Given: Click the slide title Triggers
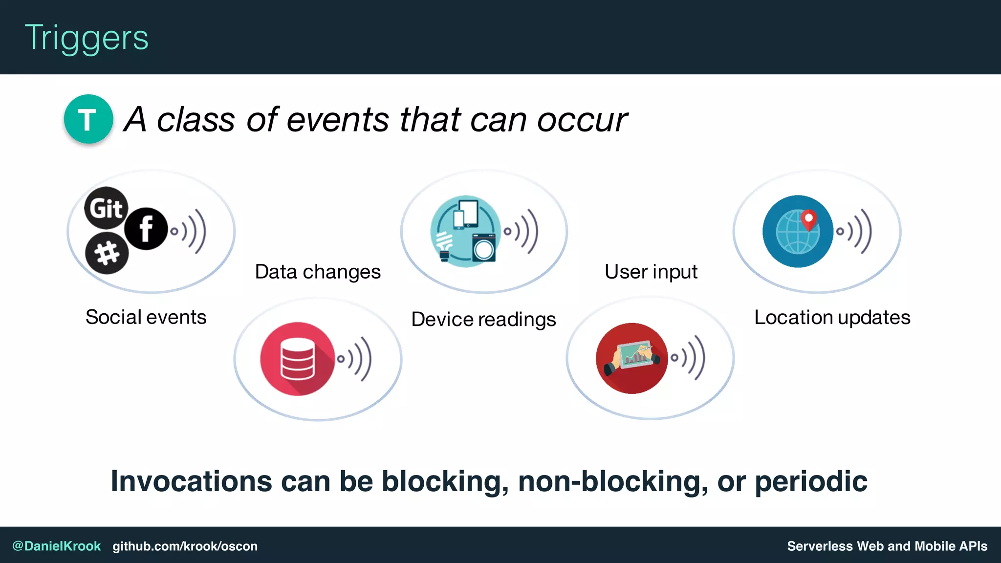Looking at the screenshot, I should [x=87, y=38].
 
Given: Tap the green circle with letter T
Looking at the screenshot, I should [x=88, y=119].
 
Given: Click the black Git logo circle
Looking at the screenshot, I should [x=106, y=208].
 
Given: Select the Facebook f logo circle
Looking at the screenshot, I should [x=146, y=229].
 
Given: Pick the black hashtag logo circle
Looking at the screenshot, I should [x=107, y=253].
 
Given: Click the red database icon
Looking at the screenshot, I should [x=297, y=358].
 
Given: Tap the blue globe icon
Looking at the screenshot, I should [x=798, y=231].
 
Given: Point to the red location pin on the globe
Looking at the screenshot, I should [x=809, y=218].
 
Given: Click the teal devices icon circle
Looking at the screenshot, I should [x=465, y=231].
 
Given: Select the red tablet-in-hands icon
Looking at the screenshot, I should [x=631, y=358].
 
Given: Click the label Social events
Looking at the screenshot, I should [x=146, y=317].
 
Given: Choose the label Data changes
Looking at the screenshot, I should [x=318, y=272].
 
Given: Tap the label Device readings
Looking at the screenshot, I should [x=483, y=319].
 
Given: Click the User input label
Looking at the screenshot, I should [x=651, y=272].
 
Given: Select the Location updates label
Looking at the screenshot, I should [x=832, y=317].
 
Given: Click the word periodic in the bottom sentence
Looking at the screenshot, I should [x=811, y=481].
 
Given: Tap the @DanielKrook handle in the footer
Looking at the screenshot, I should [x=56, y=546].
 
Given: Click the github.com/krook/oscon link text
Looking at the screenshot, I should [x=185, y=546].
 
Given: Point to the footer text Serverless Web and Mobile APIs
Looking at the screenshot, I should [x=887, y=546].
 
